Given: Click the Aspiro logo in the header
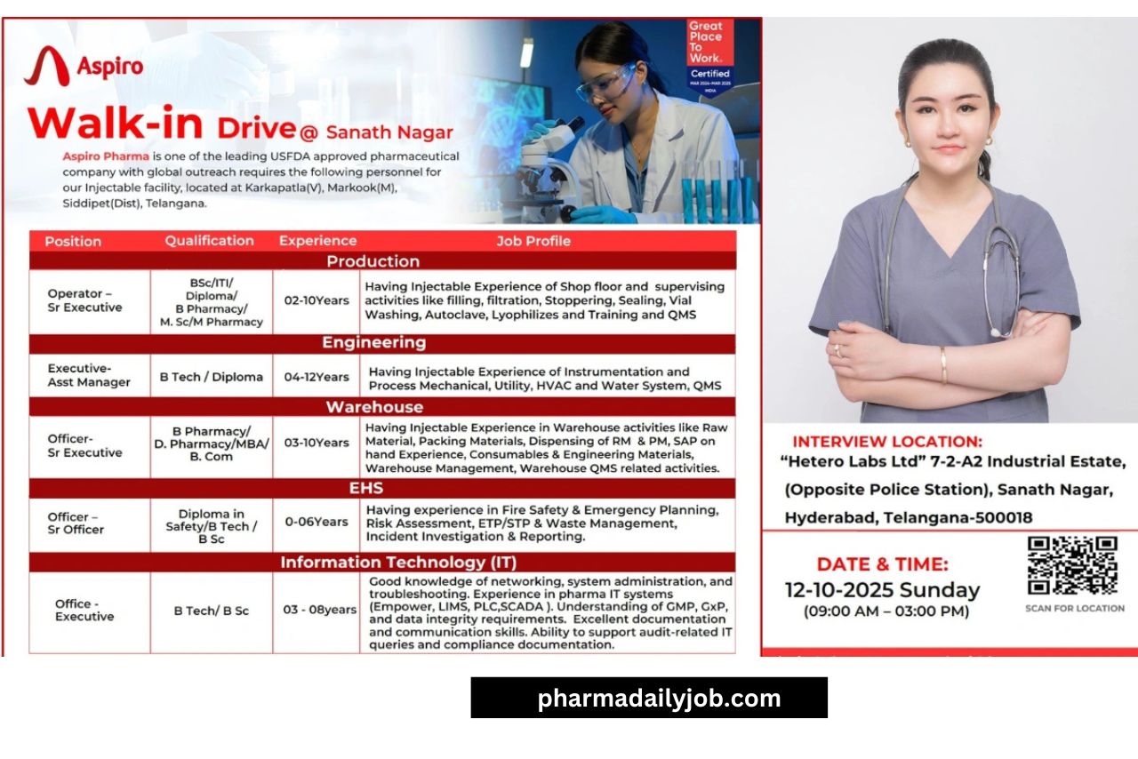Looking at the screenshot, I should pyautogui.click(x=84, y=67).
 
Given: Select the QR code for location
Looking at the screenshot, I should pyautogui.click(x=1072, y=565).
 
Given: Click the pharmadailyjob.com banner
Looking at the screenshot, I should pyautogui.click(x=649, y=698).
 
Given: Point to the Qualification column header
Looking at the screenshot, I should pyautogui.click(x=209, y=241).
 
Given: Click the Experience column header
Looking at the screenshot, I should pyautogui.click(x=317, y=241).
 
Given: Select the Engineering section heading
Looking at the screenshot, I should pyautogui.click(x=373, y=343).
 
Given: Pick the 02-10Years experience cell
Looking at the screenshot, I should pyautogui.click(x=317, y=300).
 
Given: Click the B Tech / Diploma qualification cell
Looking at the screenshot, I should pyautogui.click(x=211, y=377).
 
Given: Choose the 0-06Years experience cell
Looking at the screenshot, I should pyautogui.click(x=317, y=522).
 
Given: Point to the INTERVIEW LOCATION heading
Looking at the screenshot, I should pyautogui.click(x=887, y=442).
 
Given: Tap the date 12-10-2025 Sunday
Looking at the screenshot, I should pyautogui.click(x=882, y=590).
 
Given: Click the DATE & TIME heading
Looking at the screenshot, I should pyautogui.click(x=882, y=563).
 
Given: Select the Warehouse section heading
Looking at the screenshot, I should pyautogui.click(x=374, y=407).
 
